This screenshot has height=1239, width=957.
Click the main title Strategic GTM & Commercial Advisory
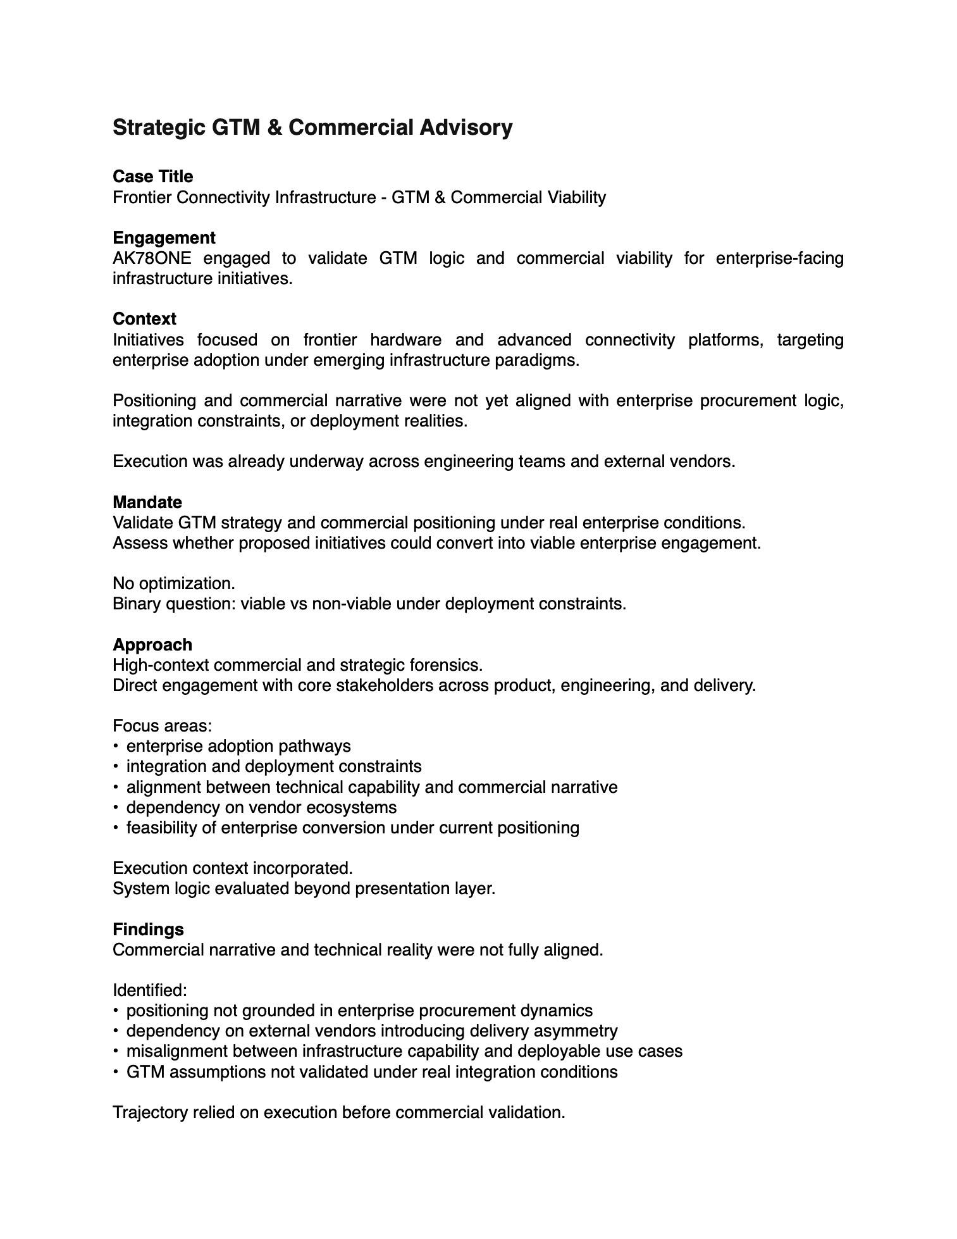pos(312,128)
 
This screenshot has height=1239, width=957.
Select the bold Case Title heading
pos(152,177)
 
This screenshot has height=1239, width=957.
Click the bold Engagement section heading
pos(164,238)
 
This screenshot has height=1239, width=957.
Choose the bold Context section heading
pos(144,319)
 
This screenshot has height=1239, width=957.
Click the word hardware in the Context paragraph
pos(405,340)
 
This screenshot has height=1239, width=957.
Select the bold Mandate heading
pos(147,502)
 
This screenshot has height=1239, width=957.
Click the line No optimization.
pos(174,583)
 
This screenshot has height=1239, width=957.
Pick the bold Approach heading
pos(152,645)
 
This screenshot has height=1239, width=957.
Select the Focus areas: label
pos(162,726)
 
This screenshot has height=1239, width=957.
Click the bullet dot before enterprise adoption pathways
pos(116,746)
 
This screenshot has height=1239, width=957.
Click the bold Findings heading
pos(148,930)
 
